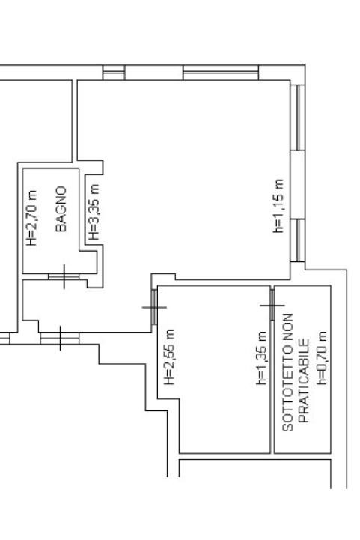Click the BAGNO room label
(61, 209)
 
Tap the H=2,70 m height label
(32, 218)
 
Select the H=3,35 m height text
(94, 212)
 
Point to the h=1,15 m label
(278, 206)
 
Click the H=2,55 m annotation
(169, 357)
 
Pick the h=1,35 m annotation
(261, 358)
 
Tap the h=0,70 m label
(323, 358)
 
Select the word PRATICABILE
(304, 381)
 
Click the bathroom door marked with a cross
(64, 277)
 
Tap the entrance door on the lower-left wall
(60, 339)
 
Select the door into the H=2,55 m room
(154, 307)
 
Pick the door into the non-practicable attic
(272, 305)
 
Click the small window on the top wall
(114, 73)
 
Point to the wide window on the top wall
(221, 73)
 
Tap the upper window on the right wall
(298, 118)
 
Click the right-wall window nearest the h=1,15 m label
(298, 240)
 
